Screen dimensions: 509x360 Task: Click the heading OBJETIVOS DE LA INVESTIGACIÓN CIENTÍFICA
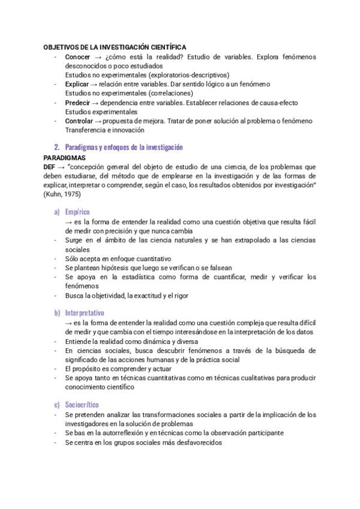click(x=115, y=47)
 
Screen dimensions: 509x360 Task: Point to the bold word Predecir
click(x=79, y=103)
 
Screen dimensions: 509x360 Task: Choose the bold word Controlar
click(x=79, y=121)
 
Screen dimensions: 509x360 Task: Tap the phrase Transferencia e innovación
click(x=105, y=130)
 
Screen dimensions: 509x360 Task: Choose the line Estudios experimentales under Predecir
click(x=101, y=112)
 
